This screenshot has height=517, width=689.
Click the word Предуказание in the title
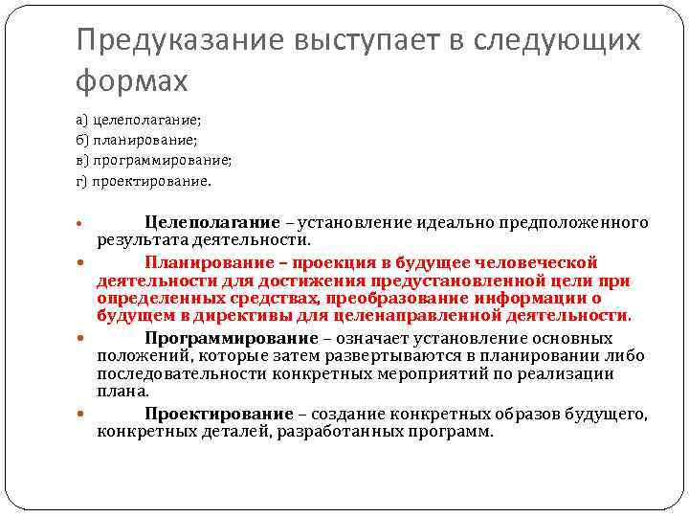point(167,40)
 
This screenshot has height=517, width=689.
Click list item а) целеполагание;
point(139,121)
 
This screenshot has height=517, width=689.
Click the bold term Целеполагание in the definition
point(212,223)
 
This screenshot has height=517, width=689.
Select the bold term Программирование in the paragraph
point(231,339)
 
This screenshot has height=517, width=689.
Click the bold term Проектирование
point(219,415)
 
